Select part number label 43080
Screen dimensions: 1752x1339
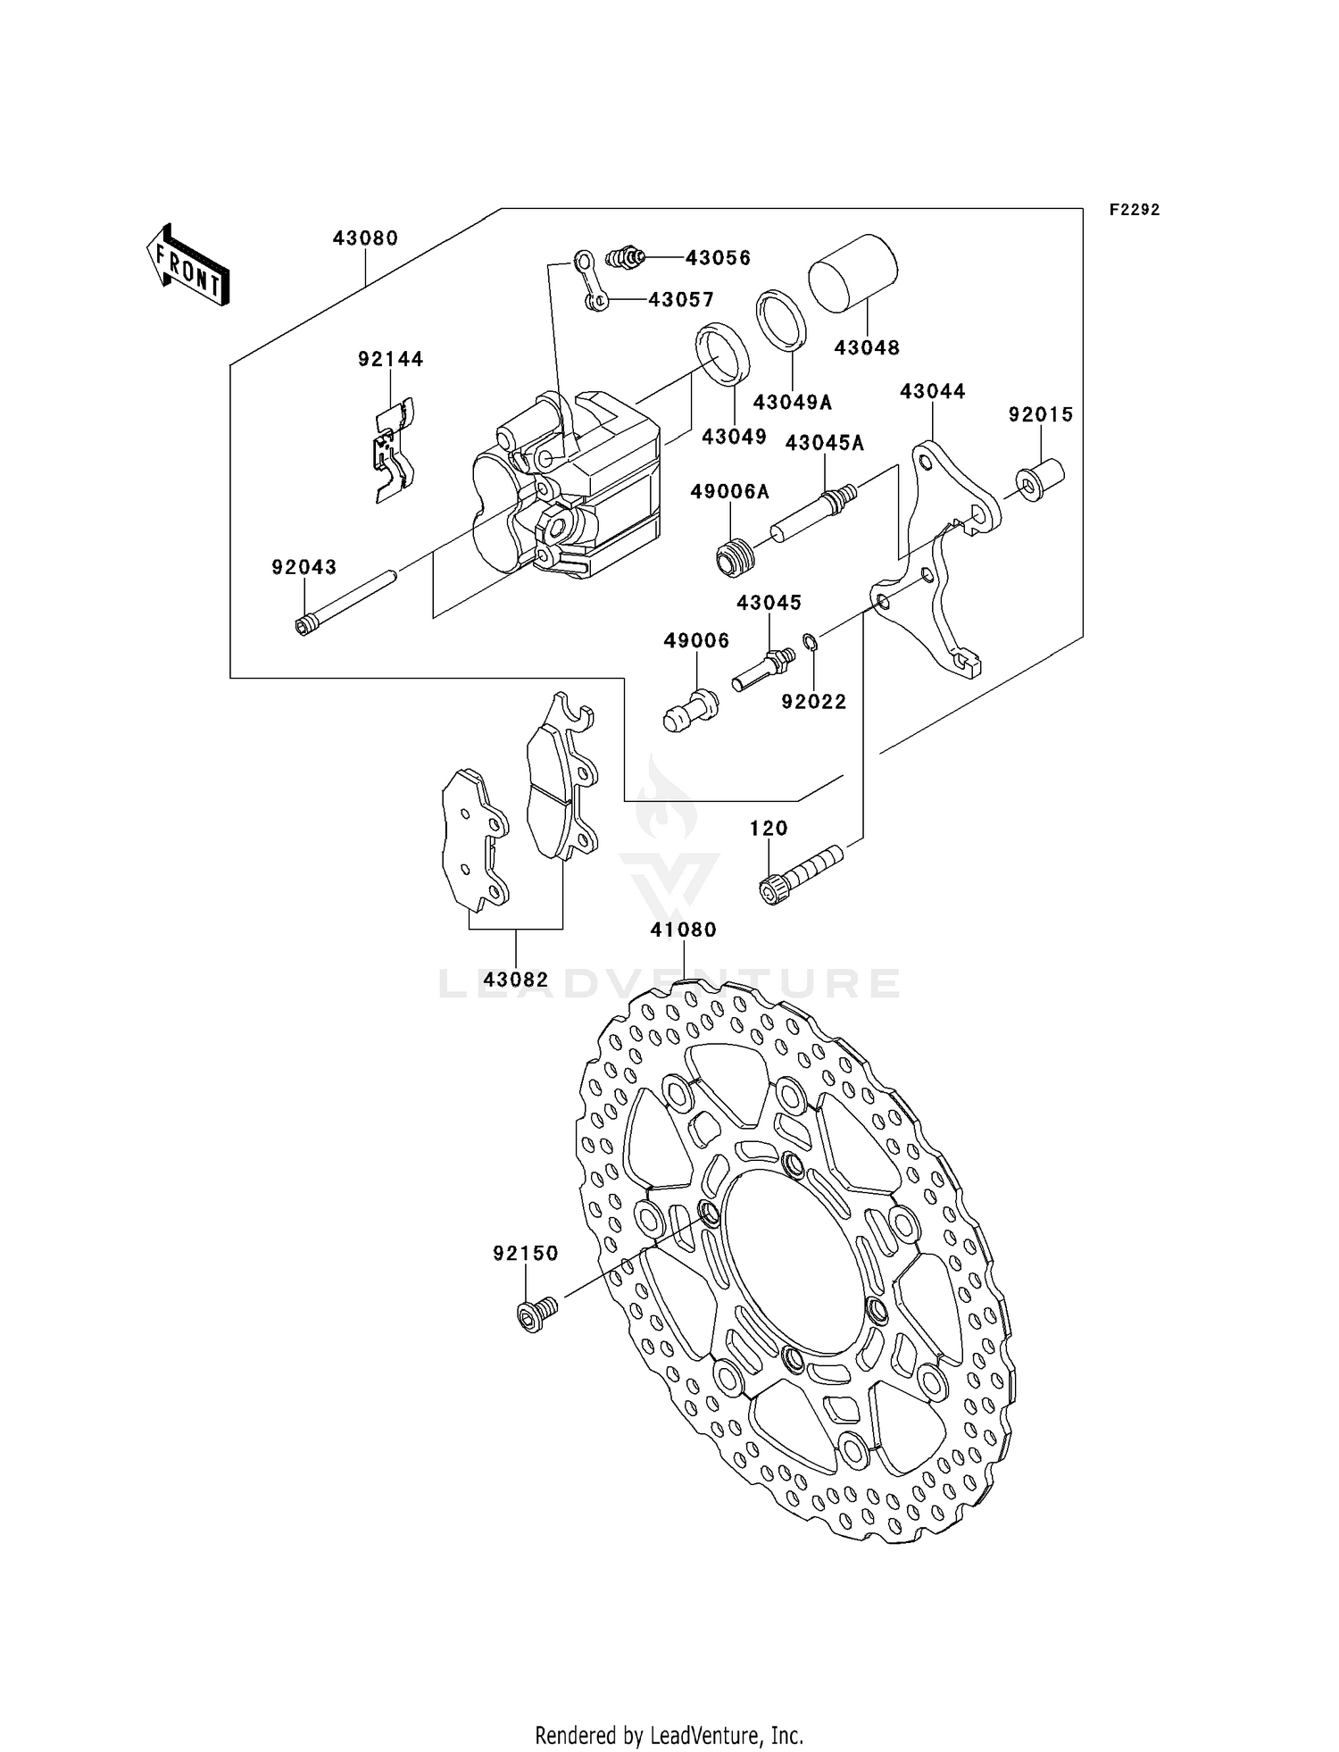tap(365, 238)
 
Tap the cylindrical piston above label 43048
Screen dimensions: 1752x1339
tap(853, 273)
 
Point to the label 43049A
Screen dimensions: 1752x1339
tap(792, 403)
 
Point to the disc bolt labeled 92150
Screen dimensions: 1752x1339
tap(536, 1314)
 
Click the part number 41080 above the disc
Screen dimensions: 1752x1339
tap(683, 930)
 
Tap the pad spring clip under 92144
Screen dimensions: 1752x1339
tap(393, 451)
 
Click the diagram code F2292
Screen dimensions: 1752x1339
tap(1135, 210)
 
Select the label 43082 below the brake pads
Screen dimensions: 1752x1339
tap(516, 980)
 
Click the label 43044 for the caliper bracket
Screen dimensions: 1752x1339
tap(932, 392)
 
